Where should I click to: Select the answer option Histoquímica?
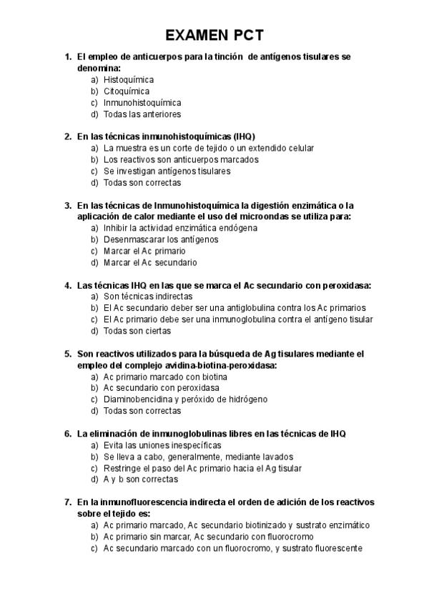129,79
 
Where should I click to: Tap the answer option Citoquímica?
127,91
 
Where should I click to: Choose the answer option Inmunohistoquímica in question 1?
142,102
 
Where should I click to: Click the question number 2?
67,136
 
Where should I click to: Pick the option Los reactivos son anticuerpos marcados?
181,159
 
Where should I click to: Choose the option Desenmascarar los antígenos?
161,239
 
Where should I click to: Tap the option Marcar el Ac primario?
144,250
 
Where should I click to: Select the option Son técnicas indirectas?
148,296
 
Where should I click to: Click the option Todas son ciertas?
140,330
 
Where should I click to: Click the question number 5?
67,353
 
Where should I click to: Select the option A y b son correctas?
141,479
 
